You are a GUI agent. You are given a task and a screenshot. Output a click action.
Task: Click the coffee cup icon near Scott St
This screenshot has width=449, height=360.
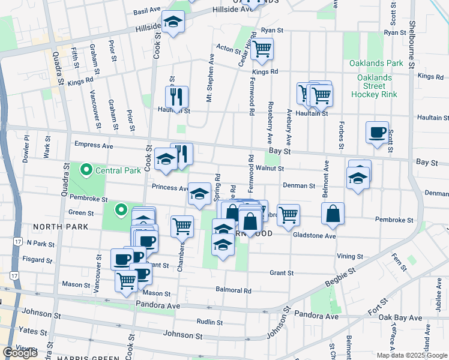tap(377, 133)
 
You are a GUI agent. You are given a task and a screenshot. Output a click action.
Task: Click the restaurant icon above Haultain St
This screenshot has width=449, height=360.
tap(176, 97)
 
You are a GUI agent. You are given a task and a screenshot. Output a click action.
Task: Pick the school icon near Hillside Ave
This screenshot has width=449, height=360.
tap(173, 22)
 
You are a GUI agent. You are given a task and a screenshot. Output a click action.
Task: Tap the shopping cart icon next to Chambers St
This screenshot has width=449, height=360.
tap(182, 227)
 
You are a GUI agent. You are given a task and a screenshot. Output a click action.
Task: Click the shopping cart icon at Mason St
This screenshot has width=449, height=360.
tap(126, 280)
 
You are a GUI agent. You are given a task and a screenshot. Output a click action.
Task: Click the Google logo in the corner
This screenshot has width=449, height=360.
tap(20, 353)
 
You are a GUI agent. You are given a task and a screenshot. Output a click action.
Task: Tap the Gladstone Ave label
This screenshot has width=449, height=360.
tap(314, 236)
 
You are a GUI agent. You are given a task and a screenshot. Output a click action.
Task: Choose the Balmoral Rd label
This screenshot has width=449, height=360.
tap(234, 290)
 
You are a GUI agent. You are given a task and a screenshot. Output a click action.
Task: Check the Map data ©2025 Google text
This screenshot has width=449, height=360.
tap(412, 355)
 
